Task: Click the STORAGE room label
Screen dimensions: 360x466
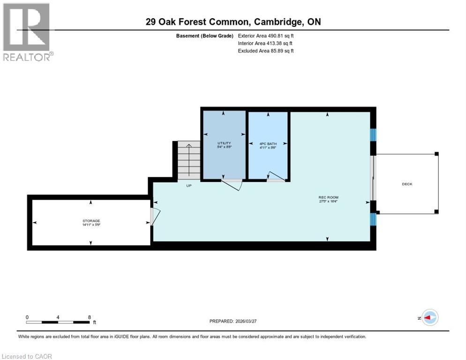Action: [91, 221]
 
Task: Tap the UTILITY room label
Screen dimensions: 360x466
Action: [224, 143]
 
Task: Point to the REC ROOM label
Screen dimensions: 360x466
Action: [328, 197]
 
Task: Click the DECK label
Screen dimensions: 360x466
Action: [407, 184]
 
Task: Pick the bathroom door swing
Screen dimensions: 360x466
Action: [276, 177]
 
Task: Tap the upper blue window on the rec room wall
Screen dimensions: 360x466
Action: [373, 135]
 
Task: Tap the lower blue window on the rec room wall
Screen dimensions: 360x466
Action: [373, 219]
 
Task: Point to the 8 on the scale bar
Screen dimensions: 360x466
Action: [89, 317]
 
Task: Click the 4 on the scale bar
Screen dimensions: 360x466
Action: [58, 317]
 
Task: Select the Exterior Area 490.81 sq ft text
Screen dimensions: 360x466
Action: [266, 36]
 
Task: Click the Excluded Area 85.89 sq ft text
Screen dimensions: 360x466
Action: [266, 51]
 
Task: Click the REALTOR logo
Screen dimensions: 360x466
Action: [27, 31]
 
